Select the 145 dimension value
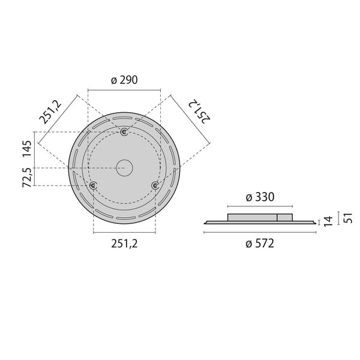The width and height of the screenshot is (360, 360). coord(27,148)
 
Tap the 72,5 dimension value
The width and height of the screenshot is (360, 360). coord(27,178)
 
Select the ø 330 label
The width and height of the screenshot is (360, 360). coord(260,197)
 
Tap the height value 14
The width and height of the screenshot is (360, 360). coord(328,222)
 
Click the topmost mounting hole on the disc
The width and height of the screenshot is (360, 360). coord(124,132)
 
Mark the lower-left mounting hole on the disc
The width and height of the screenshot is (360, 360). coord(93,186)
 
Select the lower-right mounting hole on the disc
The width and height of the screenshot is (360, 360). coord(155,186)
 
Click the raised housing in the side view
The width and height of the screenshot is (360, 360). coord(260,217)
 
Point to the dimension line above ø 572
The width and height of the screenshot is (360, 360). coord(260,233)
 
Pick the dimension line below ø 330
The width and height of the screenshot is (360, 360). coord(260,205)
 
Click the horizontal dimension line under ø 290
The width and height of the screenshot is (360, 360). coord(124,90)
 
